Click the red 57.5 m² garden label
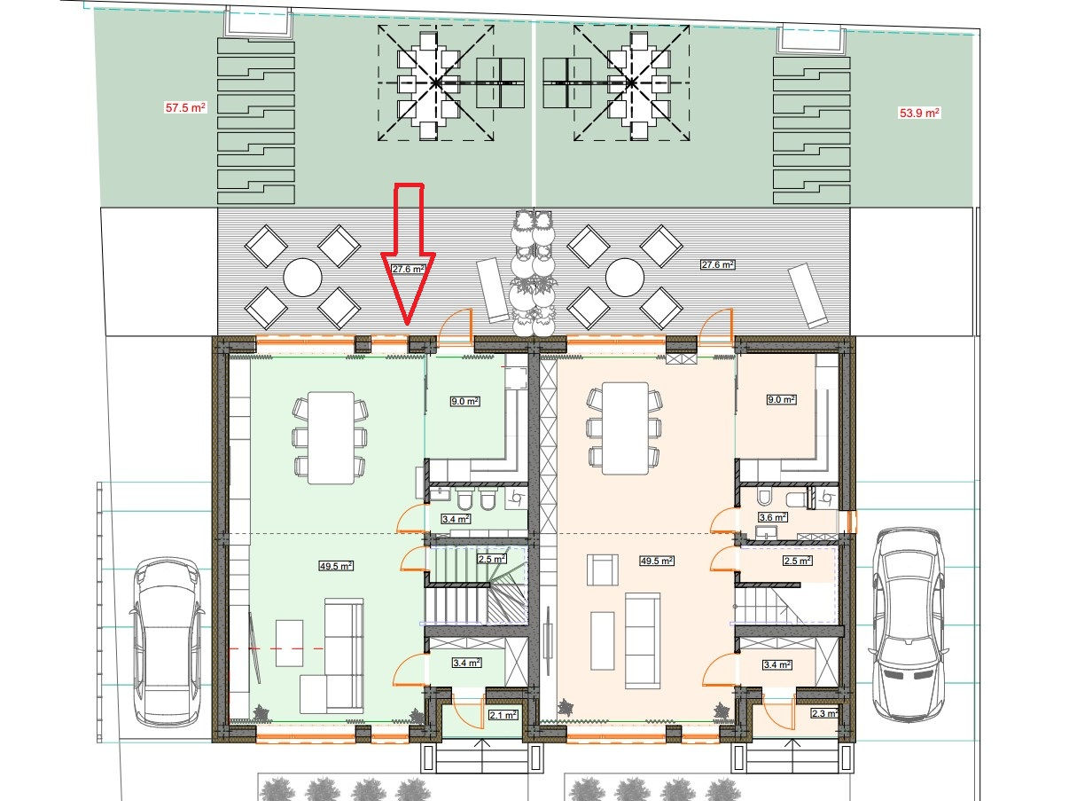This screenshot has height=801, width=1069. coord(185,107)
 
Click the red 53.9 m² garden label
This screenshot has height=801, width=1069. coord(919,113)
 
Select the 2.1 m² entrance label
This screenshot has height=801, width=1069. coord(503,715)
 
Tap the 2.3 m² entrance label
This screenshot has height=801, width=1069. coord(825,713)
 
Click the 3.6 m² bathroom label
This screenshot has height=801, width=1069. coord(773,517)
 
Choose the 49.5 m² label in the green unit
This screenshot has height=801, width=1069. coord(336,566)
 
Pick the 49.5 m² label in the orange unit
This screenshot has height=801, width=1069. coord(657,561)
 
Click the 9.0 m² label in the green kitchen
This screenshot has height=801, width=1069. coord(465,402)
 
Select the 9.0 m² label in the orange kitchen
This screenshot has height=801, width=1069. coord(782,399)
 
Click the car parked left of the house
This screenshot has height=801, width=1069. coord(166,642)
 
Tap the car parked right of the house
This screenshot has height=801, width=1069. coord(909,624)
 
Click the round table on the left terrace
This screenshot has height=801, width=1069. coord(302,278)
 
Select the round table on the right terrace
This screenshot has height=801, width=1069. coord(625,278)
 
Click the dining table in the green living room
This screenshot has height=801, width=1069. coord(332,437)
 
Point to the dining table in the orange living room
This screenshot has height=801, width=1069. coord(626,428)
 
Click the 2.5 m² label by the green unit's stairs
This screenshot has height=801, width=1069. coord(491,559)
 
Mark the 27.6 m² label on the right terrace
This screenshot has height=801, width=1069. coord(718,264)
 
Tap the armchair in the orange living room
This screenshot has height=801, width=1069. coord(603,569)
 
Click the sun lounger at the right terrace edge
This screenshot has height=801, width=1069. coord(808,295)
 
